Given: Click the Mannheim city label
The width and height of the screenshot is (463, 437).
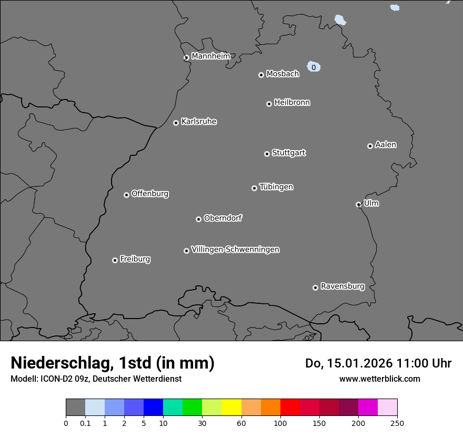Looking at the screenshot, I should pos(210,56).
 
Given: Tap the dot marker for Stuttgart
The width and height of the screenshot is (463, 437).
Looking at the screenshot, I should pos(267,154).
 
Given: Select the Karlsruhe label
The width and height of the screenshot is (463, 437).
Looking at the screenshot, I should pos(199,122).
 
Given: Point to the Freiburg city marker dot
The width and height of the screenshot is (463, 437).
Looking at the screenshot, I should pos(115,260).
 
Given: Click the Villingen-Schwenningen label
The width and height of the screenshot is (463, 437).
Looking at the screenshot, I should pos(235,250).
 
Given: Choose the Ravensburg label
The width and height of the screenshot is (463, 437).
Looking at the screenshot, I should pos(343,286).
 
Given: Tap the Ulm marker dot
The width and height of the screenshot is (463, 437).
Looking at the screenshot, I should pos(358,204).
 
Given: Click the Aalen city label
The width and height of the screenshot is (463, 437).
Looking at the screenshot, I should pos(386,145).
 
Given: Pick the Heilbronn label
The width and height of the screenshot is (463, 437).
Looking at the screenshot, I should pos(292,103).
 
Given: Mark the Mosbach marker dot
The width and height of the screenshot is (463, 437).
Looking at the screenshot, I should pos(261,75).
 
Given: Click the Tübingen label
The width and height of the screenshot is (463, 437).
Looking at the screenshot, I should pos(276,187).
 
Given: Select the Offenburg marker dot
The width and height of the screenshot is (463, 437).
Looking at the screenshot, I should pos(126,195).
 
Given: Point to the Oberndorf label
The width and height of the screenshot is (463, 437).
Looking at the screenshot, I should pos(223,218).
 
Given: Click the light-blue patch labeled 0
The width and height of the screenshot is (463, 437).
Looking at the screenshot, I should pos(314,67).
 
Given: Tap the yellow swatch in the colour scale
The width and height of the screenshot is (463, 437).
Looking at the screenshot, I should pos(231,408).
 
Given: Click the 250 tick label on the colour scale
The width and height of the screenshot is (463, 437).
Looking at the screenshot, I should pos(397,423).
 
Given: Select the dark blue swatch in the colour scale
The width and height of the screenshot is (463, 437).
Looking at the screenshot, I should pos(153,408).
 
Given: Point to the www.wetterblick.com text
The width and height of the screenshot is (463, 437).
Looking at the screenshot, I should pos(380,379).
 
